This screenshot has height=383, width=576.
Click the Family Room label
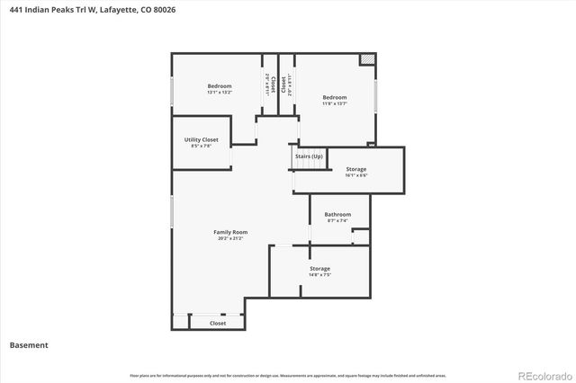[230, 232]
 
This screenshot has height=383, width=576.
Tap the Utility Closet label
[201, 139]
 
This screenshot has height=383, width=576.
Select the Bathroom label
[337, 214]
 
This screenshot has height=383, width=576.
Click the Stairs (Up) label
[309, 156]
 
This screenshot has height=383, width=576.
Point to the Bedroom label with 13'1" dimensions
[220, 86]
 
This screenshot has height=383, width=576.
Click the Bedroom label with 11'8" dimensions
[335, 97]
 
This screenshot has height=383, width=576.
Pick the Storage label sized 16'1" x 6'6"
[355, 169]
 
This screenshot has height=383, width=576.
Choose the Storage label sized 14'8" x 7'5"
[319, 269]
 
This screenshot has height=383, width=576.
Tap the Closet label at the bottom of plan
[218, 323]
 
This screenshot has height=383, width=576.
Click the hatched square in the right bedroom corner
[367, 59]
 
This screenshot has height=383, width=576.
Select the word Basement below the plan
[29, 345]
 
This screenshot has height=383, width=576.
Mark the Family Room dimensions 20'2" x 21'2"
[230, 238]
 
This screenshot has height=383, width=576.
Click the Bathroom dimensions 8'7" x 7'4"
[337, 220]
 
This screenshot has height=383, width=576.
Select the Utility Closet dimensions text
[201, 146]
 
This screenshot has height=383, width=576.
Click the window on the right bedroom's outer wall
[378, 97]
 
